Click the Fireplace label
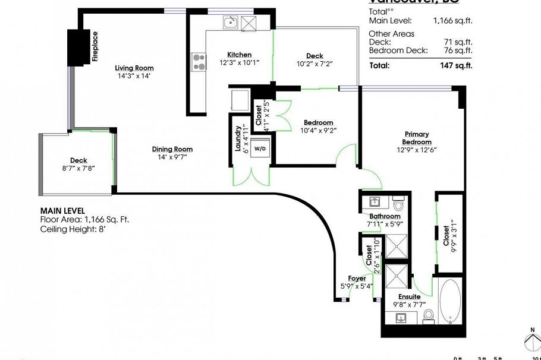tap(95, 46)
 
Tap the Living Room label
tap(134, 68)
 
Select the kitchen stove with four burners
tap(198, 62)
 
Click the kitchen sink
tap(230, 23)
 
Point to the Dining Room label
tap(172, 149)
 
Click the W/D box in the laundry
tap(260, 148)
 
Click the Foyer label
tap(357, 278)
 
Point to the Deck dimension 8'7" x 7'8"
tap(78, 168)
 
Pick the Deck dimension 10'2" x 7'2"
tap(314, 64)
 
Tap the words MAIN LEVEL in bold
tap(62, 210)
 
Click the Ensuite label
tap(409, 296)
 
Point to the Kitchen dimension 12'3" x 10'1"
tap(239, 62)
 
